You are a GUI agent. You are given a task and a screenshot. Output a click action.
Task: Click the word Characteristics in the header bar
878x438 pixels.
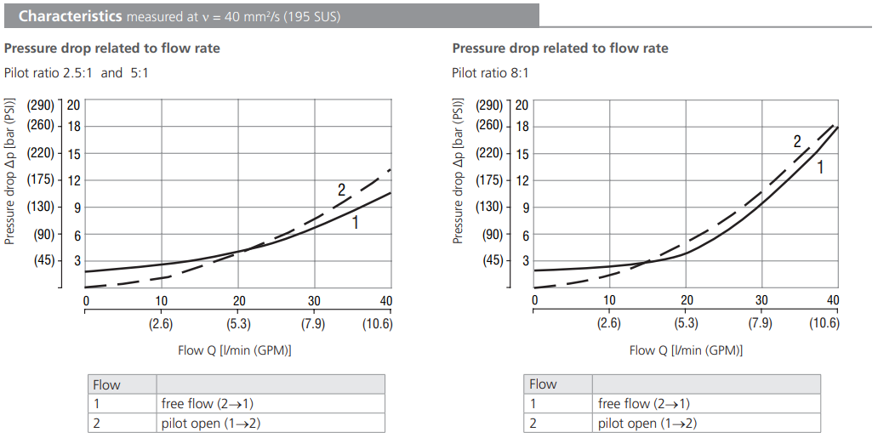coord(69,16)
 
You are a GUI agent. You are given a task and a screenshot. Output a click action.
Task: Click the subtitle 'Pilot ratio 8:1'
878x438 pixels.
coord(490,72)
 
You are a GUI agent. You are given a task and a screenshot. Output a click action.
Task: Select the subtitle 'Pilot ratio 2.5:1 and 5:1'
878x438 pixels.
coord(77,72)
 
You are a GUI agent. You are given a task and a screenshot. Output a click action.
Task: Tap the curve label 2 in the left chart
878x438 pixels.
coord(342,191)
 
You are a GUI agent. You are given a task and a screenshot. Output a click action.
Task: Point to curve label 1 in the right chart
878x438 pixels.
coord(820,168)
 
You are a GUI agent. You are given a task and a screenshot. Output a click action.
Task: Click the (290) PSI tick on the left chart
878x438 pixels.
coord(40,105)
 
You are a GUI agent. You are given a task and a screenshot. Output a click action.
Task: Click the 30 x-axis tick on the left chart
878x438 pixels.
coord(314,300)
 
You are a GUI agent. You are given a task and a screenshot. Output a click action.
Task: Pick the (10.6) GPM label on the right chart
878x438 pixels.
coord(824,322)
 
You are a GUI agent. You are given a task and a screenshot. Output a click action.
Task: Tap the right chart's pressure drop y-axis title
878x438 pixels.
coord(459,171)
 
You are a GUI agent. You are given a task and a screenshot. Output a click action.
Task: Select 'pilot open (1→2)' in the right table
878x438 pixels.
coord(647,424)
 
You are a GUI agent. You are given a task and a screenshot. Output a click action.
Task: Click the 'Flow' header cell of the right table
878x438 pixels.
coord(543,384)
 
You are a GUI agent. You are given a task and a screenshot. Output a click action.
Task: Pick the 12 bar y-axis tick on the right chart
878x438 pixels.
coord(522,180)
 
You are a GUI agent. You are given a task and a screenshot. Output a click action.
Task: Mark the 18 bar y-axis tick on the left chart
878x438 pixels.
coord(74,126)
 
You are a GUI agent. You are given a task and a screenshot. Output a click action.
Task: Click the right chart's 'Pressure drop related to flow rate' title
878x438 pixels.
coord(560,48)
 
